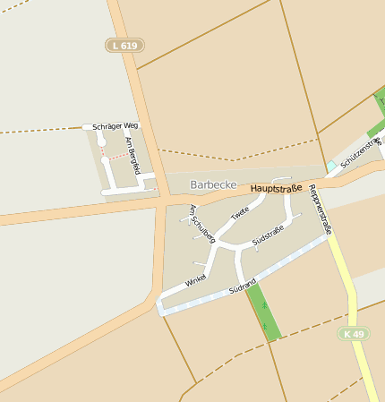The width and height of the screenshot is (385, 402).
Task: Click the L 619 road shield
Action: pyautogui.click(x=124, y=45)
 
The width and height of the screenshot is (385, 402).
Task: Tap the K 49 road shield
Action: pyautogui.click(x=355, y=334)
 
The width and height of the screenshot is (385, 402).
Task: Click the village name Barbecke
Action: pyautogui.click(x=213, y=184)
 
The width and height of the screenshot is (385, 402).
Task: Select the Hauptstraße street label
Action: pyautogui.click(x=277, y=188)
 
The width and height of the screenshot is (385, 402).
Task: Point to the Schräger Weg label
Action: pyautogui.click(x=115, y=126)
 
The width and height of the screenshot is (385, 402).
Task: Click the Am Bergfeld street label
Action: pyautogui.click(x=133, y=154)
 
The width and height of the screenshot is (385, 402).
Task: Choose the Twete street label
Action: pyautogui.click(x=240, y=214)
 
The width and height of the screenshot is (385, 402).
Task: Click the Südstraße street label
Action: pyautogui.click(x=268, y=236)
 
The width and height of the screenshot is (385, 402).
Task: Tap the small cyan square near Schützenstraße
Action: pyautogui.click(x=331, y=167)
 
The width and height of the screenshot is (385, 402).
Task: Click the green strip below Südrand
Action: pyautogui.click(x=264, y=313)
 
